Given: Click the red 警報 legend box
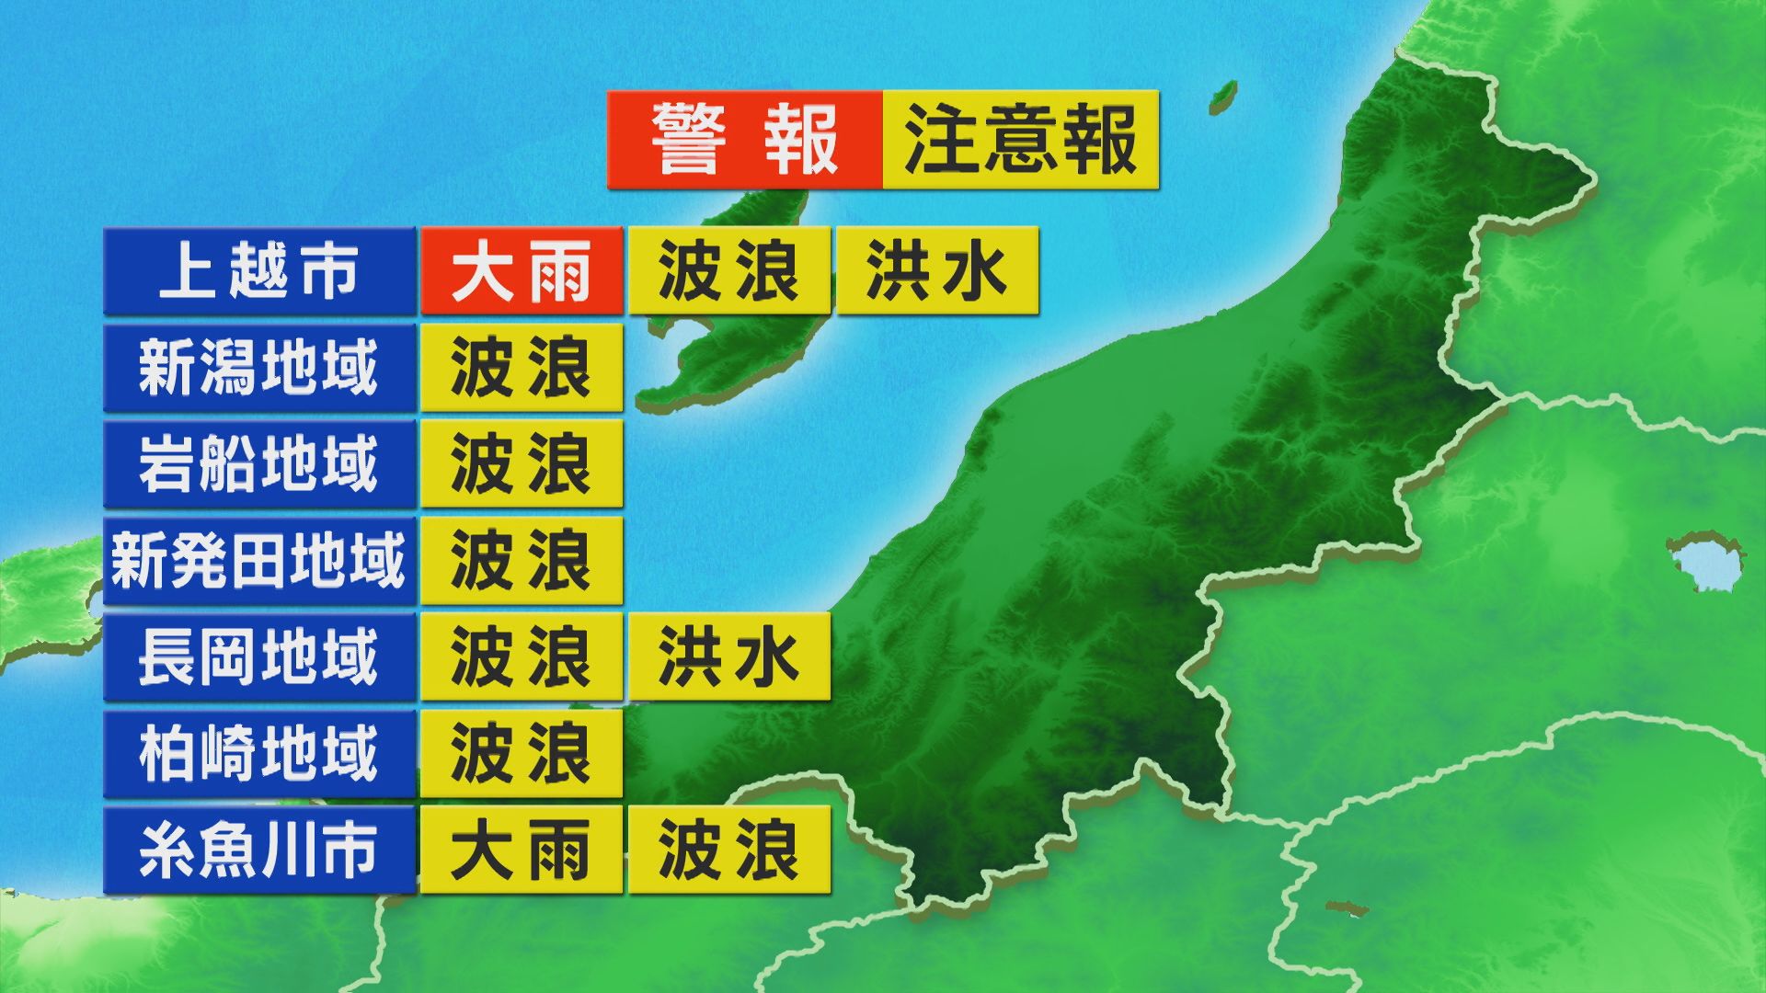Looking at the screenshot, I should pyautogui.click(x=744, y=140).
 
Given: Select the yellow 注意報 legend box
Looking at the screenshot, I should pyautogui.click(x=1020, y=140).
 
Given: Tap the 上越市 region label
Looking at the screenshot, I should pyautogui.click(x=259, y=271).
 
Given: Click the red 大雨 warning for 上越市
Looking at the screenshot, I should pyautogui.click(x=522, y=271).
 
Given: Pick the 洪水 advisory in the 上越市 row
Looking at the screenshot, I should pyautogui.click(x=936, y=271).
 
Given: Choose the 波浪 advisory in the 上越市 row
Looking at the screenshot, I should pyautogui.click(x=728, y=271).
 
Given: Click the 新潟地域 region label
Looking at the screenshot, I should pyautogui.click(x=259, y=368).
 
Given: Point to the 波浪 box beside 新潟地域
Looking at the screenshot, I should pyautogui.click(x=522, y=368).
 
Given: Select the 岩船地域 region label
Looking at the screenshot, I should pyautogui.click(x=259, y=464).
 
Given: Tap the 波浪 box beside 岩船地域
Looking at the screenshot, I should pyautogui.click(x=522, y=464).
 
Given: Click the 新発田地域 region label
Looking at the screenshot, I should pyautogui.click(x=259, y=561).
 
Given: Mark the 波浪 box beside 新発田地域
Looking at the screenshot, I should pyautogui.click(x=522, y=561).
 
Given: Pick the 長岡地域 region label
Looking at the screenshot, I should pyautogui.click(x=259, y=657).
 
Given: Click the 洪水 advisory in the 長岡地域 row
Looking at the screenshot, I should pyautogui.click(x=728, y=657).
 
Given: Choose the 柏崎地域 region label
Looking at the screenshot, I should pyautogui.click(x=259, y=754).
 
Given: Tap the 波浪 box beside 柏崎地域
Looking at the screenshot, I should pyautogui.click(x=522, y=754).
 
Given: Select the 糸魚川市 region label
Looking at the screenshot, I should pyautogui.click(x=259, y=850).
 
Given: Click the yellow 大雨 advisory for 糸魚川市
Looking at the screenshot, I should pyautogui.click(x=522, y=850).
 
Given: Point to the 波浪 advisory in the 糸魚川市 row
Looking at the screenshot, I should pyautogui.click(x=728, y=850).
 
